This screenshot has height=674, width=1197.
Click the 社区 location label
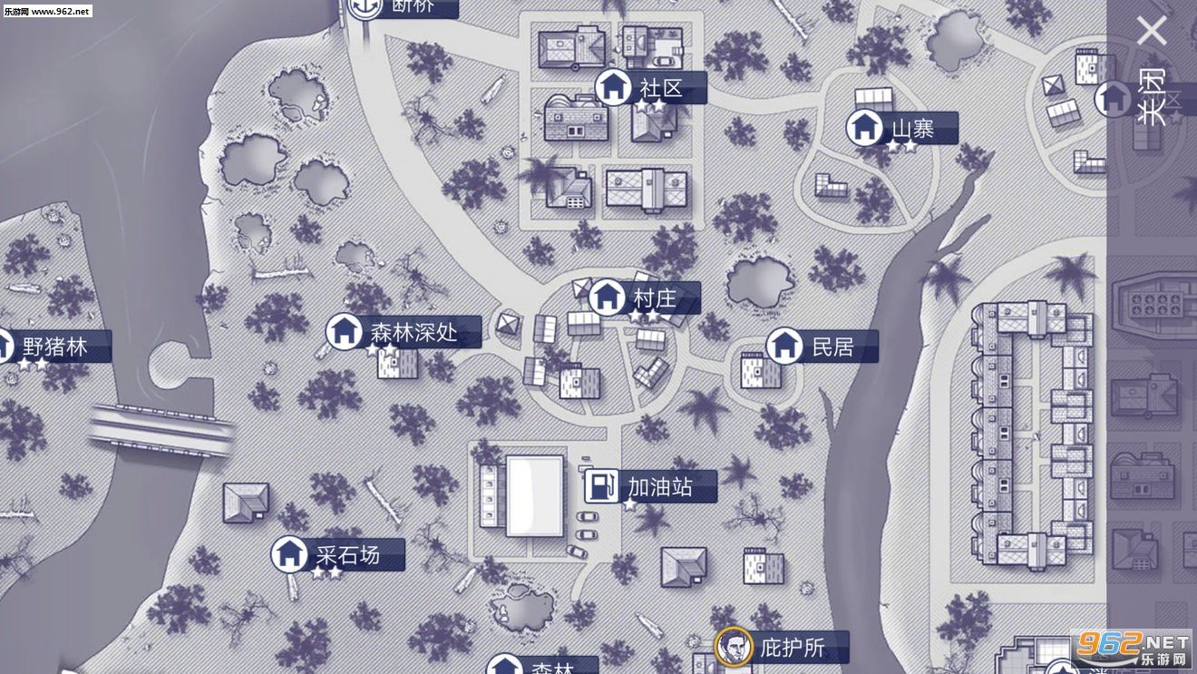660,88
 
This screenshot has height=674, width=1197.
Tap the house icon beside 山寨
864,128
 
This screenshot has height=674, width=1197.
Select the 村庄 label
655,298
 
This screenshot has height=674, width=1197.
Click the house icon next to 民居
784,346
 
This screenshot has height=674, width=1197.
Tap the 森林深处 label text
414,332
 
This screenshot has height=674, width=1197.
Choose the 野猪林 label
55,347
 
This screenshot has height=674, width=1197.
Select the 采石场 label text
347,553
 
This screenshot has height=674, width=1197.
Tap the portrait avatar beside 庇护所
734,647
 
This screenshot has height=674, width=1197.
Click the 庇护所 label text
793,648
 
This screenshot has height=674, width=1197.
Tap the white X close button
1153,32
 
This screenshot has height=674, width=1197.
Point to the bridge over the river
161,430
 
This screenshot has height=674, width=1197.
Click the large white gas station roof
534,494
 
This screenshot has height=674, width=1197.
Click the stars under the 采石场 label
326,572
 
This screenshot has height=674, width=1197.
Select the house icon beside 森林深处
344,331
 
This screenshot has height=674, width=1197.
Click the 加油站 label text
659,487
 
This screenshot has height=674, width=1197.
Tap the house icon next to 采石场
289,553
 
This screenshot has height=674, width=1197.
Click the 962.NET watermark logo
1132,648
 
